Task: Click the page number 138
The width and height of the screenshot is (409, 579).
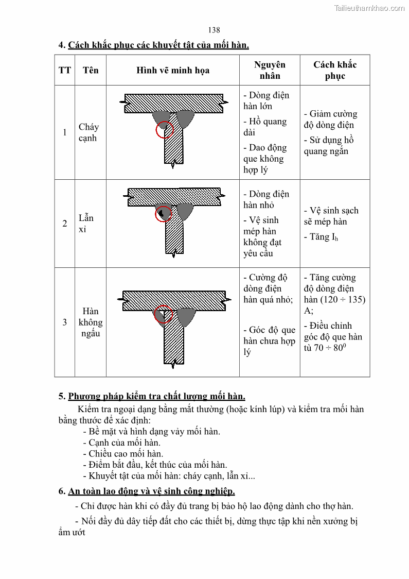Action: [214, 30]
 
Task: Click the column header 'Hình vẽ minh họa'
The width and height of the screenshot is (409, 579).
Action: [173, 71]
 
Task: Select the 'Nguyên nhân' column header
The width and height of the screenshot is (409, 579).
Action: [270, 71]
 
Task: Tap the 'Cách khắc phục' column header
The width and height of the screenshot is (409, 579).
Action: [335, 71]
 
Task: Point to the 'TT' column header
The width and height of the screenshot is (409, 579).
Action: [65, 70]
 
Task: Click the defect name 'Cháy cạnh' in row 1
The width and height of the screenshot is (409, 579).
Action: [88, 132]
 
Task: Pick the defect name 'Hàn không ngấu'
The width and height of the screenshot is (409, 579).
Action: [91, 322]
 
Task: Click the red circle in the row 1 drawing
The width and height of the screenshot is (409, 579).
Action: [165, 130]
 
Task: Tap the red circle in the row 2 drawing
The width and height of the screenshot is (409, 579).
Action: [164, 213]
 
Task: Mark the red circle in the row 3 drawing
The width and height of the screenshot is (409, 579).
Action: [164, 314]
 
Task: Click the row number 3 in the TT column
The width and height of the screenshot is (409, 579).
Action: [65, 322]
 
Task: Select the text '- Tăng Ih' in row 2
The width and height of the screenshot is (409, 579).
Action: [324, 237]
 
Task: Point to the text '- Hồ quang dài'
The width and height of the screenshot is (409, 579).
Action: [265, 127]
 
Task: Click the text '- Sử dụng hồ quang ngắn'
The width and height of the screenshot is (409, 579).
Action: [329, 146]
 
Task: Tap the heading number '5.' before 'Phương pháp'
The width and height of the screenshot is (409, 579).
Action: [62, 397]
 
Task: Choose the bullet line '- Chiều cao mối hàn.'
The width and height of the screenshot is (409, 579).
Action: [123, 454]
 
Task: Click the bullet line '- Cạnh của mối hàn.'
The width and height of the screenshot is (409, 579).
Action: [121, 442]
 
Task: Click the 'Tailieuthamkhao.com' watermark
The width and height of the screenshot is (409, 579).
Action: [369, 8]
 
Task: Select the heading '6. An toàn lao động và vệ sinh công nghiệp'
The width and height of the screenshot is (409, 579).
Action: [147, 491]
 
